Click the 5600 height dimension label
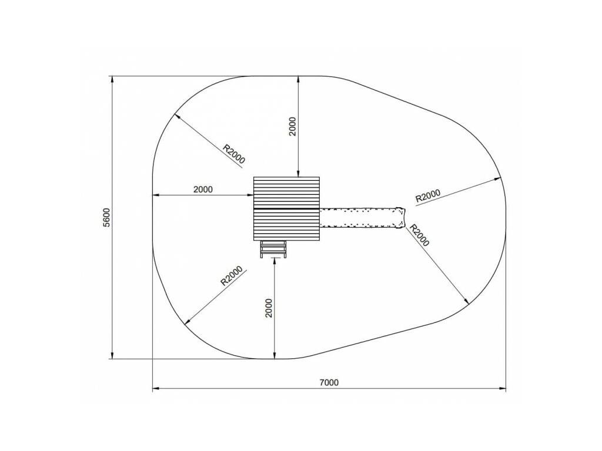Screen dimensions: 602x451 (106, 217)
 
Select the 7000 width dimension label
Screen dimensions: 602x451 (329, 382)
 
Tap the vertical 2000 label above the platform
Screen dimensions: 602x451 (293, 127)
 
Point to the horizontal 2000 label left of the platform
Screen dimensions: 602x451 (203, 189)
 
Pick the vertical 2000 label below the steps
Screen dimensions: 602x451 (269, 308)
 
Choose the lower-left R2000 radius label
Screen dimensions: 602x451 (232, 276)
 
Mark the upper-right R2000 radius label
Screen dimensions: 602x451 (428, 196)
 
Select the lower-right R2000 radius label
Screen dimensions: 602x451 (419, 235)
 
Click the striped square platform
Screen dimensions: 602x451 (286, 208)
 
